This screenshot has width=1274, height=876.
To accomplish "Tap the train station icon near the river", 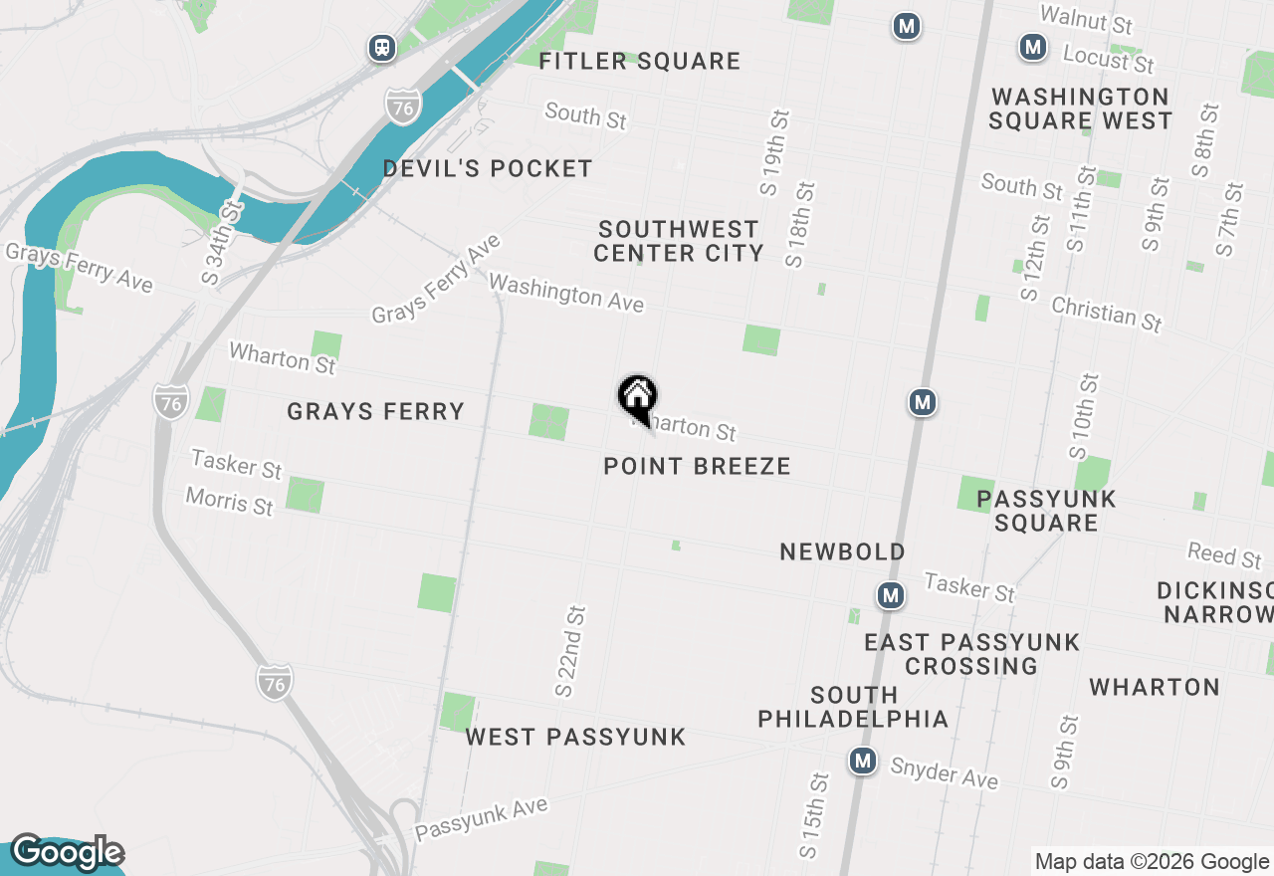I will tap(381, 47).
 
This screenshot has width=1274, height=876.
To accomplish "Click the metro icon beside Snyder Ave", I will tap(863, 762).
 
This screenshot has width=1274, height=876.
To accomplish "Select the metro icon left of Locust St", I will tap(1033, 46).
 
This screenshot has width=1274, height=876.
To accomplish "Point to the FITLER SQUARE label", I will tap(639, 62).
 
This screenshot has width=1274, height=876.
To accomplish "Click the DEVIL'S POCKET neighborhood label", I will tap(488, 169).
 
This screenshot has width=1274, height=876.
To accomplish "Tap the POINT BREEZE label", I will tap(697, 466).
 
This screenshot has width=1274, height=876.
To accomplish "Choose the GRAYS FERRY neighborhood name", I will tap(375, 411).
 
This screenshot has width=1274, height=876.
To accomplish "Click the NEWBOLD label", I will tap(842, 551).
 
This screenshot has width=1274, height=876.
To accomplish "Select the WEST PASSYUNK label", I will tap(575, 738).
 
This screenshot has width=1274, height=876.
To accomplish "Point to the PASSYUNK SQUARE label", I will tap(1046, 511).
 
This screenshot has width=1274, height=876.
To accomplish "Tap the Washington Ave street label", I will tap(566, 293).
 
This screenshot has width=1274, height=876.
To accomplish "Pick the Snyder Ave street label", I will tap(944, 772).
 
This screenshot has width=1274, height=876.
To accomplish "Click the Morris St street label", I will tap(229, 501).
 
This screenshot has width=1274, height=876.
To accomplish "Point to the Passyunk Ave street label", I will tap(482, 817).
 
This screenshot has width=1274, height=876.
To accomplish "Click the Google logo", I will tap(67, 853).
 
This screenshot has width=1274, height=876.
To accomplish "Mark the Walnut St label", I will tap(1086, 20).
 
